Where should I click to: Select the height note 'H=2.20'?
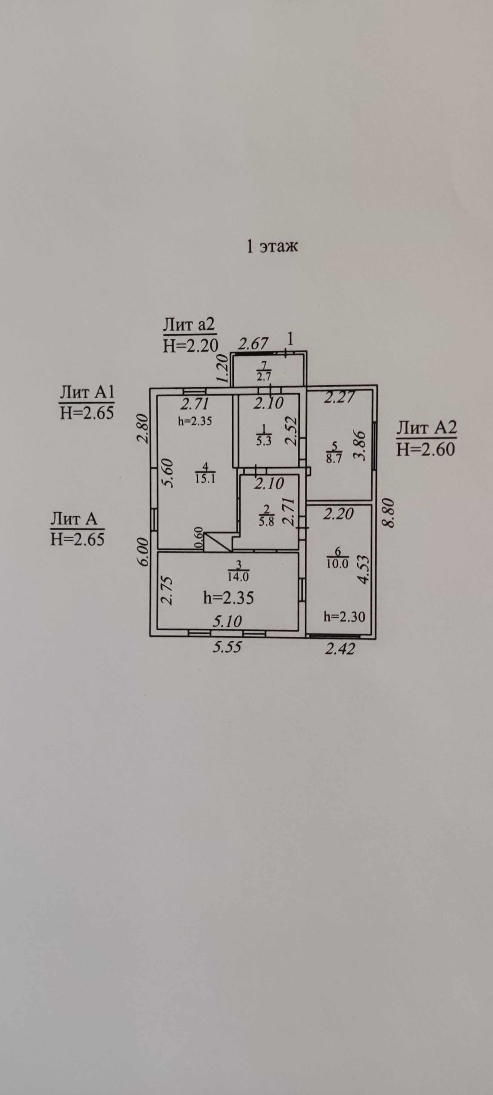190,346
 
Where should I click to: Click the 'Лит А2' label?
426,427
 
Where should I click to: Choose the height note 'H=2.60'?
425,449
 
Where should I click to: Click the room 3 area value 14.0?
239,577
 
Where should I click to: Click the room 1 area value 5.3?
264,440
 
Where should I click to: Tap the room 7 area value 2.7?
264,376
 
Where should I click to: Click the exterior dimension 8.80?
388,513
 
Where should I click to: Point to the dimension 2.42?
339,649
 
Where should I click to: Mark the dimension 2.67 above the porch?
253,343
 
